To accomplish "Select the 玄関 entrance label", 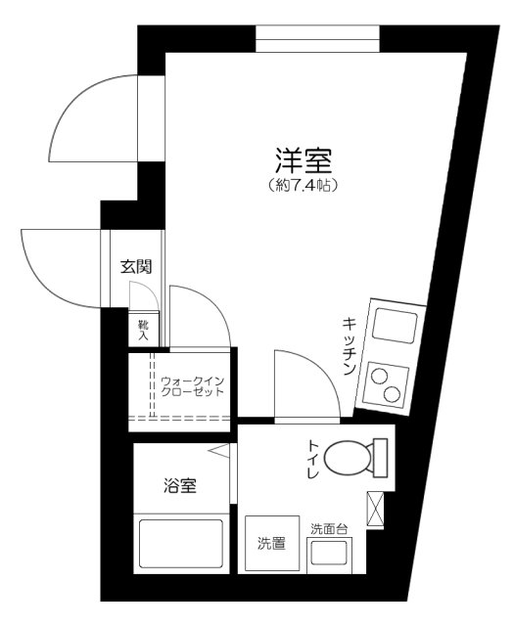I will [136, 265].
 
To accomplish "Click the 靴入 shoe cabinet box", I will [142, 330].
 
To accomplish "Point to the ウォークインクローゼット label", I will [193, 385].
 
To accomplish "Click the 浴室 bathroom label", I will [181, 483].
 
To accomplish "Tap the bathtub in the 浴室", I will [181, 546].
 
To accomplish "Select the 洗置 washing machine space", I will [271, 542].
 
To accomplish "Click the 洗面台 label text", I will [329, 529].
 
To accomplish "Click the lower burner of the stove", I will [391, 395].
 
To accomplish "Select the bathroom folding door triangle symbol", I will [219, 451].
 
